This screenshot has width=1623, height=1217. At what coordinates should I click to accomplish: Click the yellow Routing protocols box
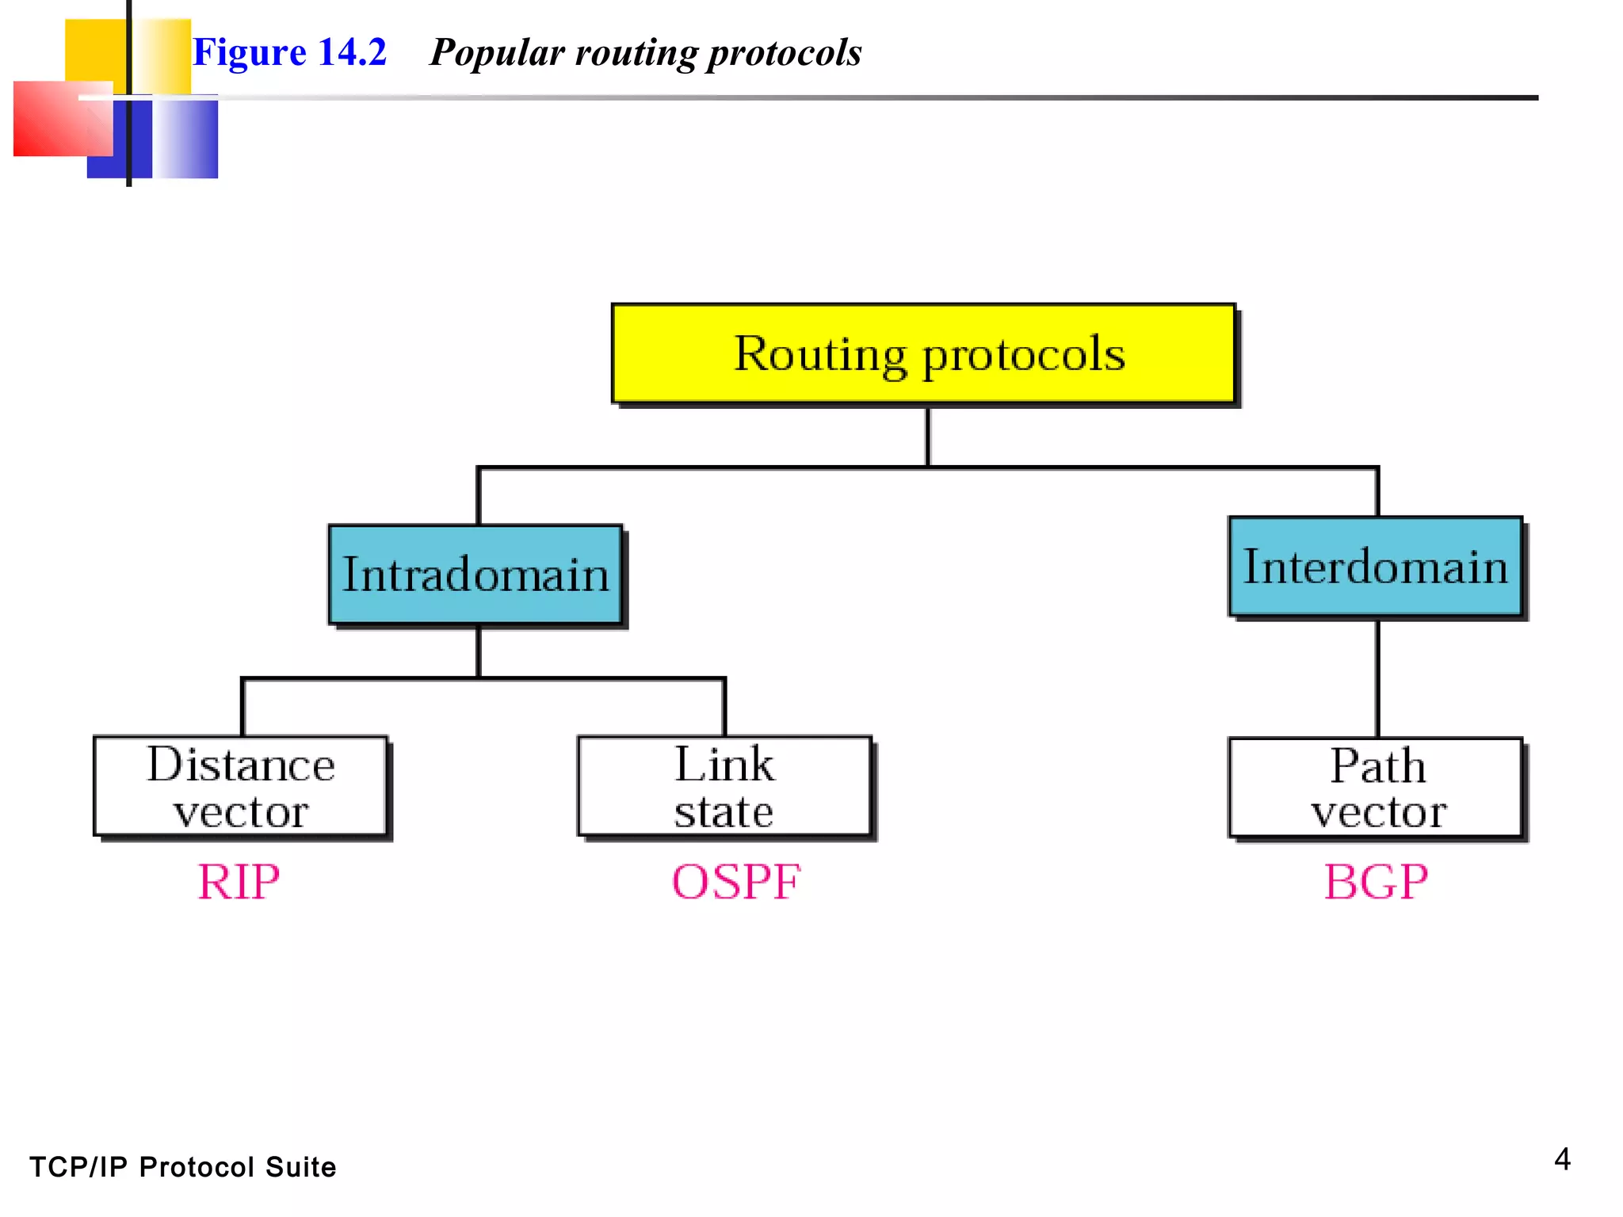(923, 353)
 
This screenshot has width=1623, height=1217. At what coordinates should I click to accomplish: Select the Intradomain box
(475, 574)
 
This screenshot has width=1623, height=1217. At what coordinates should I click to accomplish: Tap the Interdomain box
(1375, 567)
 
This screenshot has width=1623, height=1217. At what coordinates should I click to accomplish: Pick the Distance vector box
(241, 786)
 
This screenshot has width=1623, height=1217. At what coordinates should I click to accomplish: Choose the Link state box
(724, 786)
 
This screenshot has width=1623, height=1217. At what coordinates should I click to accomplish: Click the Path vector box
(1376, 788)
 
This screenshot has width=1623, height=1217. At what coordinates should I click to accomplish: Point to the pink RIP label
(239, 881)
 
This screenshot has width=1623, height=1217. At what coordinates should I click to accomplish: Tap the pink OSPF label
(736, 881)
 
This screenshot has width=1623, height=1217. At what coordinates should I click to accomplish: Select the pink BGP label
(1376, 881)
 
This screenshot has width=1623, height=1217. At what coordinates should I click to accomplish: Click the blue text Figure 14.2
(289, 52)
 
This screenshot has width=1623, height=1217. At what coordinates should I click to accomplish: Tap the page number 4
(1562, 1159)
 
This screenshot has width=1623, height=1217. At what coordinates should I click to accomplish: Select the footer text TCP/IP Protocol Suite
(182, 1167)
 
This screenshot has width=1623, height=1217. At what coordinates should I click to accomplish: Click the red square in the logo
(55, 119)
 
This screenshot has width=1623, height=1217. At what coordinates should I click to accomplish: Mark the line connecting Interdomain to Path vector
(1377, 677)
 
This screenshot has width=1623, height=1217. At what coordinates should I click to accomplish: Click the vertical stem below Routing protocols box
(927, 436)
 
